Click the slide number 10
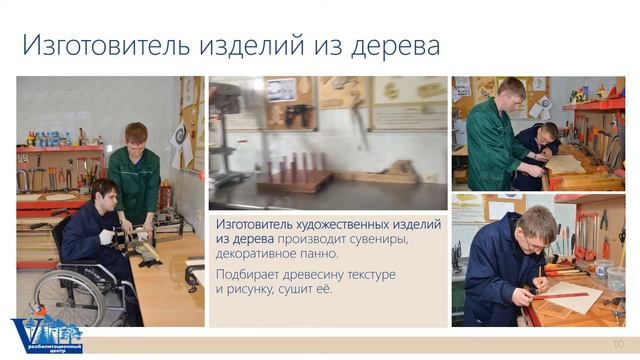tap(618, 343)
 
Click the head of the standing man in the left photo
tap(136, 134)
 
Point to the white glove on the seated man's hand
tap(107, 237)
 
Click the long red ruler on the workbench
tap(559, 295)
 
